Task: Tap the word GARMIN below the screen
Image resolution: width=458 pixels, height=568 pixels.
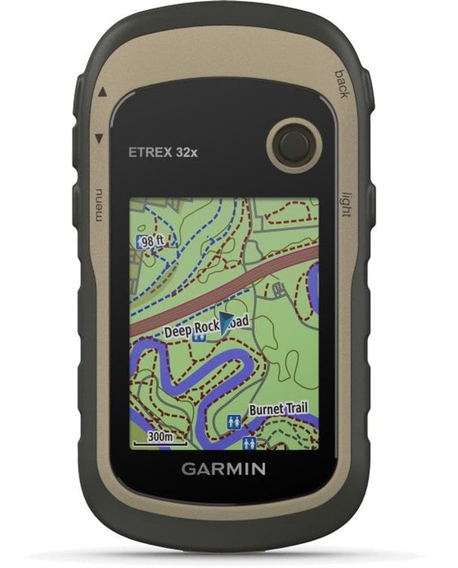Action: point(223,469)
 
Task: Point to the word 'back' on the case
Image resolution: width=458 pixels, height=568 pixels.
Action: point(341,83)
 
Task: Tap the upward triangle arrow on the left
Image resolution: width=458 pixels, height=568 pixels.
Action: point(101,91)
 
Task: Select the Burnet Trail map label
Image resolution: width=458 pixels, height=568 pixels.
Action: point(278,408)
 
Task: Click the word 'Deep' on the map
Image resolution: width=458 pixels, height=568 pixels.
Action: point(178,331)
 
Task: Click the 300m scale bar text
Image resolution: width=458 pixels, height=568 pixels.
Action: point(160,437)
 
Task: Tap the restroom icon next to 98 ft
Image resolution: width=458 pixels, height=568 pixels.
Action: point(140,243)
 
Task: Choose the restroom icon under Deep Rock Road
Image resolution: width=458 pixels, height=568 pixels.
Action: point(199,337)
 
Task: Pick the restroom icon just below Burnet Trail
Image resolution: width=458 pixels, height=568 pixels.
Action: point(233,421)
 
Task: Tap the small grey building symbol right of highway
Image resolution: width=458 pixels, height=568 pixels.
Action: point(277,289)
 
